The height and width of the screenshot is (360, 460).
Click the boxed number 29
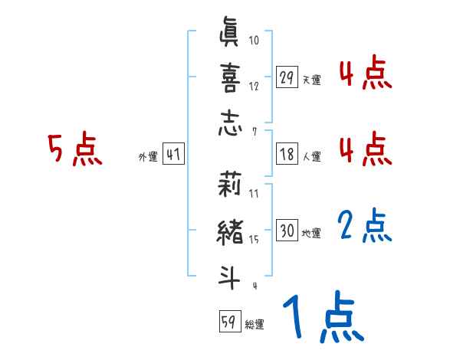[x=287, y=77]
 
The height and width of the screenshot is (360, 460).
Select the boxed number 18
[x=287, y=154]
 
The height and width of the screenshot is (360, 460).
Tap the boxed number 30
[x=287, y=231]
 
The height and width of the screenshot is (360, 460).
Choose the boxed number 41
[x=173, y=154]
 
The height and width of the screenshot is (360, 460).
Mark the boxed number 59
[x=229, y=322]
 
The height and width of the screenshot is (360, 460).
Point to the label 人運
[x=311, y=156]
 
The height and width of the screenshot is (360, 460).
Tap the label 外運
[x=148, y=156]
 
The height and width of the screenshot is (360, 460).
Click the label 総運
[x=255, y=324]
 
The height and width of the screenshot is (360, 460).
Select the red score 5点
[x=75, y=149]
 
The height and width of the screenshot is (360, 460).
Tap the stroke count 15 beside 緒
[x=254, y=240]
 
